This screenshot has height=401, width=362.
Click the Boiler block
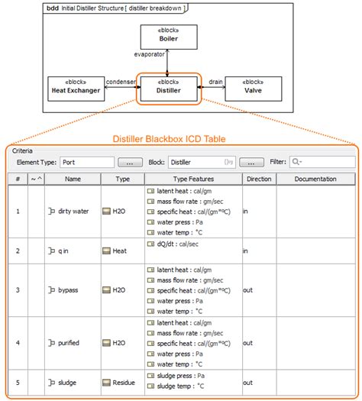[x=168, y=35]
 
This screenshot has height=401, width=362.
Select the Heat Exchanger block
[x=75, y=87]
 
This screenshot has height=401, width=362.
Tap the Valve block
[x=253, y=87]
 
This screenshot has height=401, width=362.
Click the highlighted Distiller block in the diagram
[x=168, y=87]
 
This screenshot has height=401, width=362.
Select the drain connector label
[x=215, y=82]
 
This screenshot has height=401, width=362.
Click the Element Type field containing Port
[x=86, y=162]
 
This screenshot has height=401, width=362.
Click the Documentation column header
[x=315, y=179]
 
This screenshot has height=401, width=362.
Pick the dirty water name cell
[x=73, y=211]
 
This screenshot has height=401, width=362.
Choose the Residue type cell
[x=123, y=383]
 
